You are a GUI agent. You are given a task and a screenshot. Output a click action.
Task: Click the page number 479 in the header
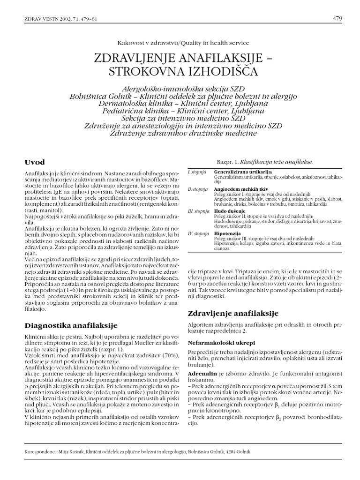[337, 19]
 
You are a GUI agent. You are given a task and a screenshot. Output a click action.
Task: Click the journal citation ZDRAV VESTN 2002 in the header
[46, 19]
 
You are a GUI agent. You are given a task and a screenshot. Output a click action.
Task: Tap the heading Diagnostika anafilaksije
[70, 325]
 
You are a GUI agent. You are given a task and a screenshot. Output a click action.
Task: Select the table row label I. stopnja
[197, 172]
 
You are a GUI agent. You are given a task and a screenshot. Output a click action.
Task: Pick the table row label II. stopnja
[197, 189]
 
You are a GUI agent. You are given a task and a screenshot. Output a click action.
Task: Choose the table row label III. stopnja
[198, 211]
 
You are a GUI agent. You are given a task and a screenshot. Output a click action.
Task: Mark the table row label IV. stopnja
[198, 232]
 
